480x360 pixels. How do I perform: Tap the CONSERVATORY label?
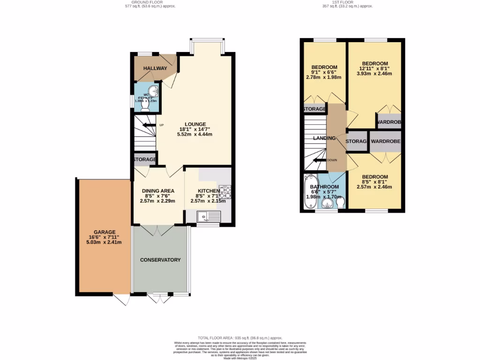[x=160, y=260]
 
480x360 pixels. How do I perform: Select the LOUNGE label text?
[x=195, y=124]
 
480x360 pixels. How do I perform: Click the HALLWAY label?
[x=155, y=68]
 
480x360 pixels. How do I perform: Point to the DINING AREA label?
[x=158, y=191]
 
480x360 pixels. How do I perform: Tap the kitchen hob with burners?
[x=225, y=191]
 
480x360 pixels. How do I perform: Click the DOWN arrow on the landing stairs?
[x=319, y=160]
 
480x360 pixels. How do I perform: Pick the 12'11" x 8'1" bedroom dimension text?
[x=375, y=70]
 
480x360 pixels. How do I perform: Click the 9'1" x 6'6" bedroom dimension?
[x=324, y=72]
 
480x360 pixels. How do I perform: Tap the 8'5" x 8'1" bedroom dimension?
[x=375, y=183]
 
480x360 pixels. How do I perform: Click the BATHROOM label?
[x=324, y=187]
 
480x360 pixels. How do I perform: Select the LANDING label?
[x=324, y=138]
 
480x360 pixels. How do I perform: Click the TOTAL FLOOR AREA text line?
[x=240, y=337]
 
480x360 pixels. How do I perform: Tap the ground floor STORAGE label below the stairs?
[x=144, y=160]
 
